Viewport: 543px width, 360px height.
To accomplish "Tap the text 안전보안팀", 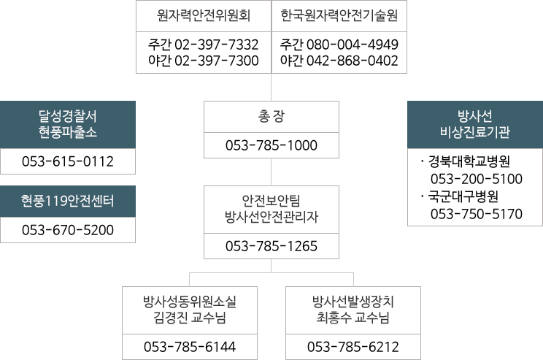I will pos(271,200).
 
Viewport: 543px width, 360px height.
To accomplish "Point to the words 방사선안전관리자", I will pos(271,216).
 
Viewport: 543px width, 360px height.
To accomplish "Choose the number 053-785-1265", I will pos(271,245).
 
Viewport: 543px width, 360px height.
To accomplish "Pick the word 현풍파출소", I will pos(67,132).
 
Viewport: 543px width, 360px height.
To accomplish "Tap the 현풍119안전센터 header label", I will pos(67,202).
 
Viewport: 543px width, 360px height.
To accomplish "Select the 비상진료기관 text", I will pos(475,132).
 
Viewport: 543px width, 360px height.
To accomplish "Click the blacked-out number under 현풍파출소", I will pos(62,161).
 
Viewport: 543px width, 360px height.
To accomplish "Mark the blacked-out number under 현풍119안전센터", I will pos(62,230).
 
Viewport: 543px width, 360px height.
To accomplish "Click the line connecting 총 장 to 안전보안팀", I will pos(271,172).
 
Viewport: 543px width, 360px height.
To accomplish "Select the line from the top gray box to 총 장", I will pos(271,87).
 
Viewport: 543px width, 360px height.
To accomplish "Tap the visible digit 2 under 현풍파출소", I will pos(109,161).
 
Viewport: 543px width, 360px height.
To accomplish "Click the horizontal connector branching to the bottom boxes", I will pos(271,272).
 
